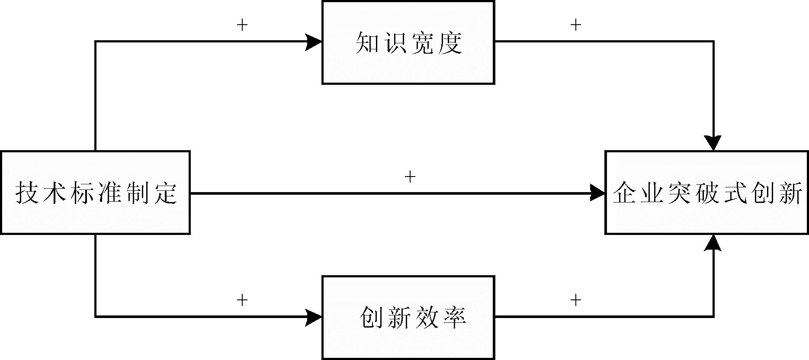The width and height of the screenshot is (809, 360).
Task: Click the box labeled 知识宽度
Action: (x=408, y=42)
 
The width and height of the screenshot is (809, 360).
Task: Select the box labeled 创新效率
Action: (x=408, y=318)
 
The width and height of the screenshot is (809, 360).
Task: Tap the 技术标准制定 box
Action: (x=95, y=193)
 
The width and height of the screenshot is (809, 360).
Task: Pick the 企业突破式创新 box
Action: (x=706, y=193)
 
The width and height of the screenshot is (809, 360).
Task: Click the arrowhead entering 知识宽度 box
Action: (x=314, y=42)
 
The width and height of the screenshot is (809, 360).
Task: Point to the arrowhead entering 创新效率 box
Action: (x=314, y=317)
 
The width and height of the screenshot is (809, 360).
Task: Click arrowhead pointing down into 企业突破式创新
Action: (x=713, y=143)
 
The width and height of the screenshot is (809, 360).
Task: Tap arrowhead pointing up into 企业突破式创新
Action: (x=713, y=243)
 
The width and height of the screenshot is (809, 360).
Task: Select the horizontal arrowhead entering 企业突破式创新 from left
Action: (x=597, y=193)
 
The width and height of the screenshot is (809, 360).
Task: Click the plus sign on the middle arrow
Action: (x=409, y=177)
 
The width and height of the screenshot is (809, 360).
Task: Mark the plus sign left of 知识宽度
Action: (x=242, y=25)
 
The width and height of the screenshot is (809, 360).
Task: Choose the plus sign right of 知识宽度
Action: (x=575, y=25)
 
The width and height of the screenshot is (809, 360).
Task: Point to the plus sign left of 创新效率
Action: (x=242, y=299)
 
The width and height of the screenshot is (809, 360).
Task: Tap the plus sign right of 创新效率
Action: (x=575, y=299)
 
